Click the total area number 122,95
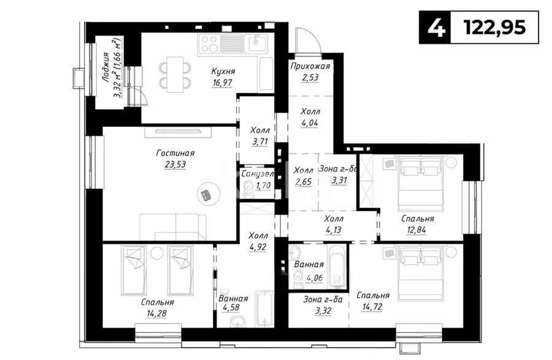click(495, 28)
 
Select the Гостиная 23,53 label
click(175, 158)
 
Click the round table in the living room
click(207, 194)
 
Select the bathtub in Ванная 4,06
click(337, 267)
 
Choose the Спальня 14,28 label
click(157, 308)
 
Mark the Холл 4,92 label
click(258, 241)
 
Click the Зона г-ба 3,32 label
click(323, 304)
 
